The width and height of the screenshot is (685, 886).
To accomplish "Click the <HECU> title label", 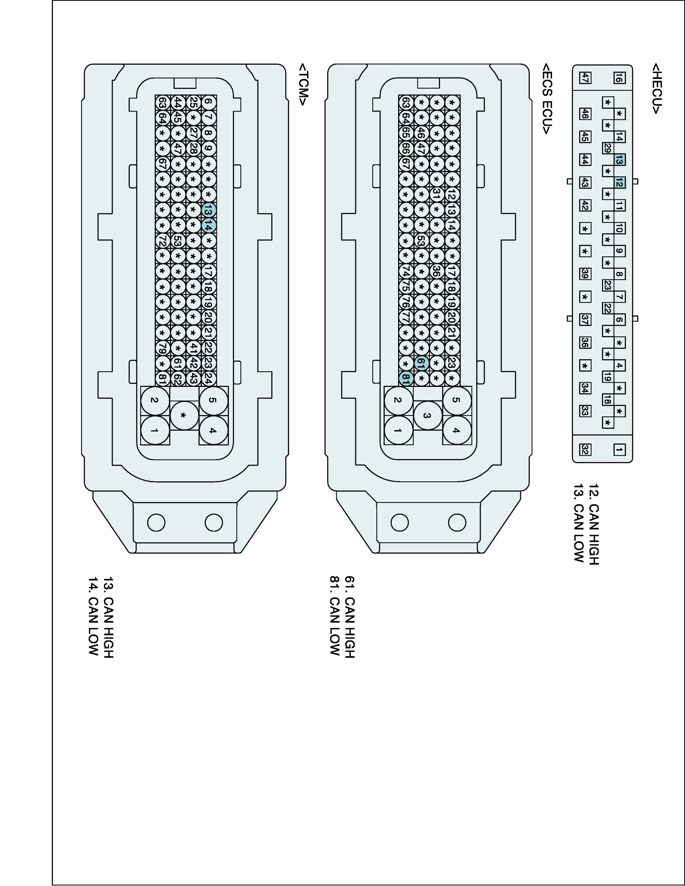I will [656, 88].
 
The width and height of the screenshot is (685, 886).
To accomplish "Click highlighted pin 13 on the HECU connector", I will [619, 160].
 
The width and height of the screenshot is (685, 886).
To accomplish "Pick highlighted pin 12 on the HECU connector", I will [619, 183].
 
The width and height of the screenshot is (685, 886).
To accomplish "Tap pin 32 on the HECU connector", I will [585, 449].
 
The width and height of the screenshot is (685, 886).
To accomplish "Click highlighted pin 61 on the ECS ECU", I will [421, 363].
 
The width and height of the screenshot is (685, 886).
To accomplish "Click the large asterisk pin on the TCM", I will [184, 416].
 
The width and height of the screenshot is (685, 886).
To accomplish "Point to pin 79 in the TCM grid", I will [162, 348].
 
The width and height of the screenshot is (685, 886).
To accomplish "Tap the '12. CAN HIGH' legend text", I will [593, 524].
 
